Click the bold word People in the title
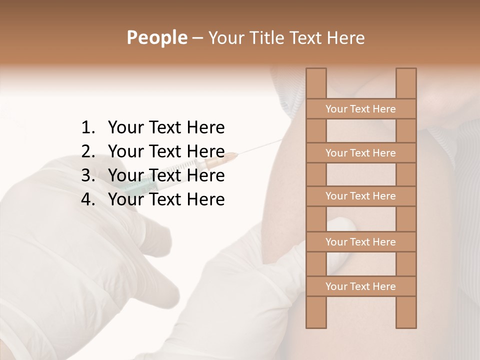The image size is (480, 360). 156,37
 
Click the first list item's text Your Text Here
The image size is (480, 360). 166,128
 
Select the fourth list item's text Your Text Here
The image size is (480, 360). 166,199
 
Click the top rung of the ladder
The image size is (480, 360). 360,109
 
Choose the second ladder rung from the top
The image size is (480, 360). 360,153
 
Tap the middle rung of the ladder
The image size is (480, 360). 360,196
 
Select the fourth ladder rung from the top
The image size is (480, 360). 360,242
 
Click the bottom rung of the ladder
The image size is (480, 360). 360,286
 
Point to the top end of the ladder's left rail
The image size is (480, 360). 316,70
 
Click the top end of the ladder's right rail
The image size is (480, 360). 406,70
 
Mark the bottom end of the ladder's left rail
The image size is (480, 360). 316,325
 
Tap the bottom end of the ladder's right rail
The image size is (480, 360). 406,325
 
